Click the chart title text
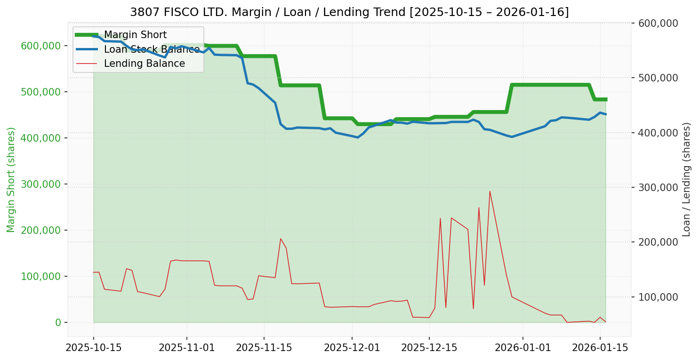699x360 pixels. (x=349, y=12)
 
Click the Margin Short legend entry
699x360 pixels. (x=135, y=35)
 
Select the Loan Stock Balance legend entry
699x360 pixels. (x=152, y=49)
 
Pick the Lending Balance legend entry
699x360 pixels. (x=144, y=64)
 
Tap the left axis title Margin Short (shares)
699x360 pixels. (x=11, y=180)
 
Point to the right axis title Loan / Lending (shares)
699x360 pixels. (x=686, y=180)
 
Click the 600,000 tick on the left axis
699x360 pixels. (x=41, y=46)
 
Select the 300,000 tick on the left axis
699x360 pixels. (x=41, y=184)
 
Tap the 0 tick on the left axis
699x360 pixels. (x=58, y=322)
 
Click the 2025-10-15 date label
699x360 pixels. (x=93, y=348)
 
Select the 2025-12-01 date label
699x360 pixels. (x=352, y=348)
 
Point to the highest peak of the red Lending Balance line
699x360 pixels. (x=490, y=191)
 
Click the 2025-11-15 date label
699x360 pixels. (x=264, y=348)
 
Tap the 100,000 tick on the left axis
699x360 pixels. (x=41, y=276)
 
